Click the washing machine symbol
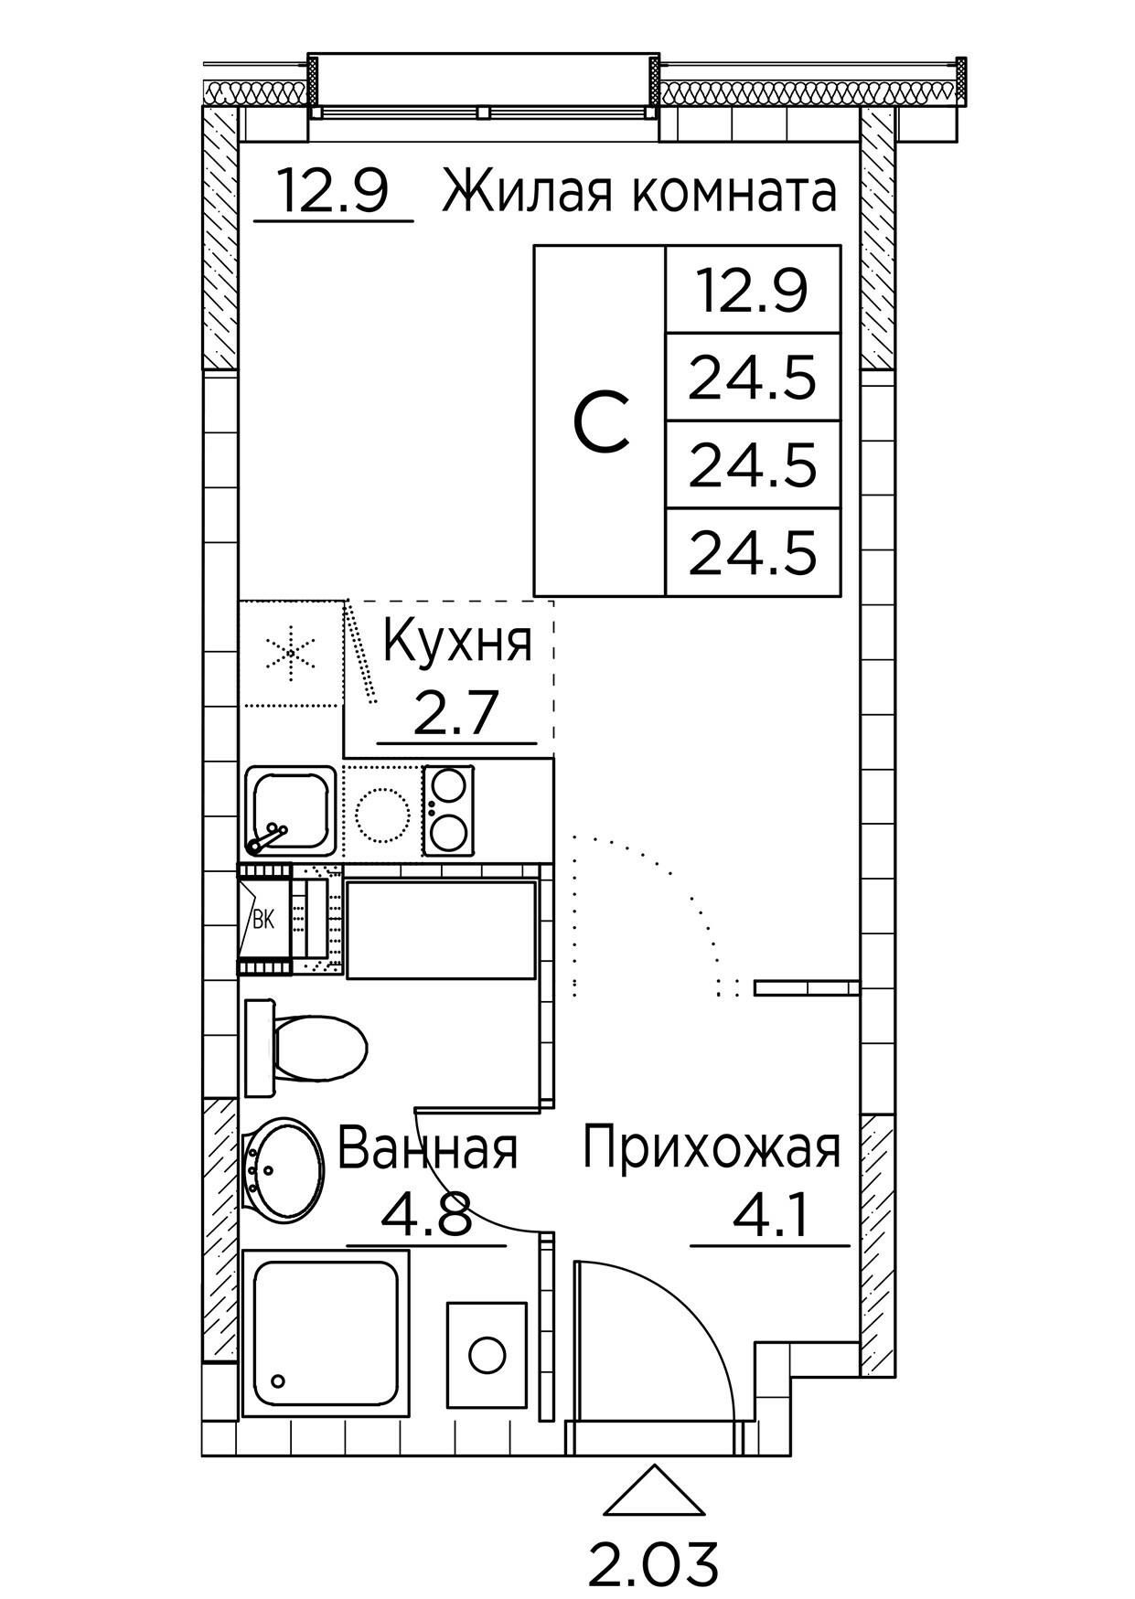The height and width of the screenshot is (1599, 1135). pyautogui.click(x=487, y=1354)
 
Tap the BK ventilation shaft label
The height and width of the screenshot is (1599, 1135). pyautogui.click(x=263, y=920)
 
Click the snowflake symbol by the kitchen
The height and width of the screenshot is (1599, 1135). pyautogui.click(x=290, y=653)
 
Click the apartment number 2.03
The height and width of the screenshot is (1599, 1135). pyautogui.click(x=652, y=1562)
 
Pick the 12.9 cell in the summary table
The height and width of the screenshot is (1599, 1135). pyautogui.click(x=753, y=290)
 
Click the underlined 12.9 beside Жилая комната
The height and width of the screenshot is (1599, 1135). pyautogui.click(x=333, y=193)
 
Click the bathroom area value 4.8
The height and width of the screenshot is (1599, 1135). pyautogui.click(x=425, y=1216)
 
